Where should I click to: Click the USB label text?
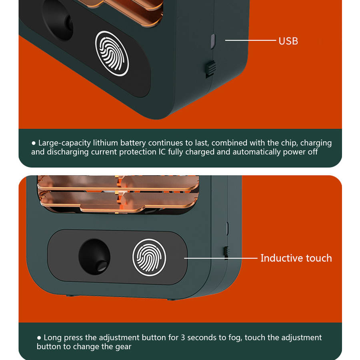pos(288,41)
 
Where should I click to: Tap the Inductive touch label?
pos(296,258)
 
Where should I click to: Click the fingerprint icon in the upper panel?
pos(112,54)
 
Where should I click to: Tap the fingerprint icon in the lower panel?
pos(149,257)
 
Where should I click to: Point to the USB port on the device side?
pos(213,41)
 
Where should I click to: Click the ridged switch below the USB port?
pos(210,68)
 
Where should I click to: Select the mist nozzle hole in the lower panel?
pos(94,257)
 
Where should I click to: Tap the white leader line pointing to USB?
pos(250,40)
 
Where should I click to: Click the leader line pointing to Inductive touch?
pos(221,258)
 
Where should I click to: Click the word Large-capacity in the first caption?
pos(64,143)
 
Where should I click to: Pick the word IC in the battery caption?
pos(162,152)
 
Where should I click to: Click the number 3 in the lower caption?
pos(183,338)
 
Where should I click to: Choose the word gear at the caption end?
pos(123,347)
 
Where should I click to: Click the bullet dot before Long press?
pos(39,338)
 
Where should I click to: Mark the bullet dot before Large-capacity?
pos(34,143)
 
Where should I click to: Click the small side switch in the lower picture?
pos(226,252)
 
